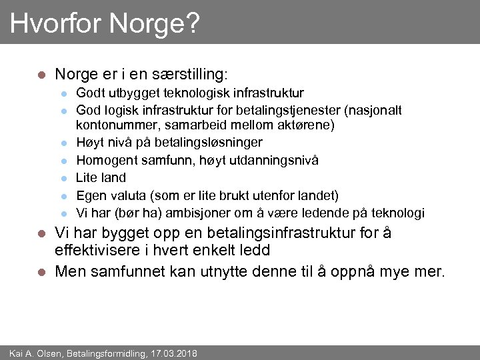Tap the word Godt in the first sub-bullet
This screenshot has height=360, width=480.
pyautogui.click(x=90, y=93)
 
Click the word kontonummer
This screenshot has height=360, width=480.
pyautogui.click(x=111, y=125)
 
